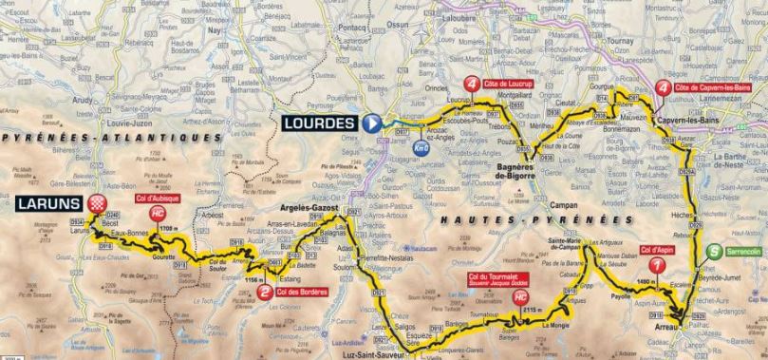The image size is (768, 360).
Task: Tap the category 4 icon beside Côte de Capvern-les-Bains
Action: [x=662, y=89]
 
